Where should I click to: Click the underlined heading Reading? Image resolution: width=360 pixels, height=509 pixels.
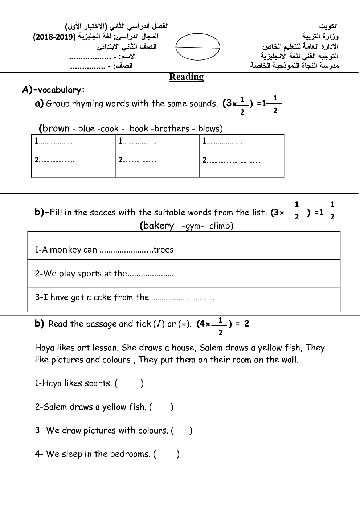tap(186, 77)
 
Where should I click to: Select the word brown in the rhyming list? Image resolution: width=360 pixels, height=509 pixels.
tap(56, 128)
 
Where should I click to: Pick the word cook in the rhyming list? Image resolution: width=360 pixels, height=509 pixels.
tap(110, 129)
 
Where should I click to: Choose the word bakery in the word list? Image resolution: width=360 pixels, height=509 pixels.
tap(159, 226)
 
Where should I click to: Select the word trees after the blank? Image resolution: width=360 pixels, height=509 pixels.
tap(163, 250)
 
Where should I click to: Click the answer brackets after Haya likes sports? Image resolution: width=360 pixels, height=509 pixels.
tap(129, 383)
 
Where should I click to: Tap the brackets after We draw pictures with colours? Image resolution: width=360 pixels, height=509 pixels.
tap(181, 431)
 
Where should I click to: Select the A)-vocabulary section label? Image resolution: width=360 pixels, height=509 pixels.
tap(53, 90)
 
